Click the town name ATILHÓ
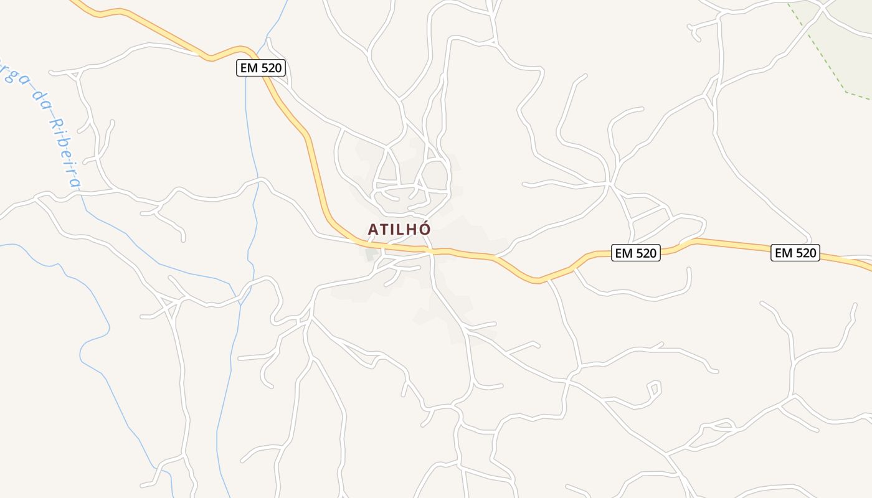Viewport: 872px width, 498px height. pos(399,229)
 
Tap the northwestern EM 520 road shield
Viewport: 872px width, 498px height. pos(261,68)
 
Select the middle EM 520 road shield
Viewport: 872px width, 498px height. pos(635,253)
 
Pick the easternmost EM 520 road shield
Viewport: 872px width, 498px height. pos(795,253)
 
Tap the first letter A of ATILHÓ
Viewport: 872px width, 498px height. pos(373,229)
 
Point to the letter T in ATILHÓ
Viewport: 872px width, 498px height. pos(384,229)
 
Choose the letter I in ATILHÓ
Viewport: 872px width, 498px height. pos(392,229)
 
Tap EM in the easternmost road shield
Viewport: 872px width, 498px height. pos(783,253)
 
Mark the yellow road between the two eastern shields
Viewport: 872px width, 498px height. pos(729,243)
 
